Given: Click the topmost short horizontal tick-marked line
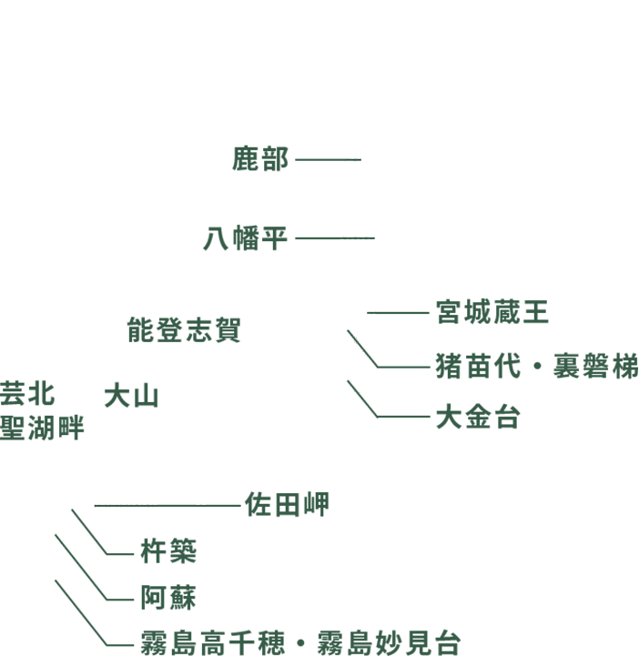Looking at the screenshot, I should (354, 160).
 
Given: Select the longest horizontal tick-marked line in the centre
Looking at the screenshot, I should (357, 238).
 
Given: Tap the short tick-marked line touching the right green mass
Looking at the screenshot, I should (372, 313).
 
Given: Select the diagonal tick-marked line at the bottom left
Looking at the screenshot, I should (63, 541).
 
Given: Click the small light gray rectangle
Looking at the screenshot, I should (80, 551).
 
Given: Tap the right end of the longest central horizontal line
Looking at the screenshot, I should (373, 238).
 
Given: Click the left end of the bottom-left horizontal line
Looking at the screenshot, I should (96, 505).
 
